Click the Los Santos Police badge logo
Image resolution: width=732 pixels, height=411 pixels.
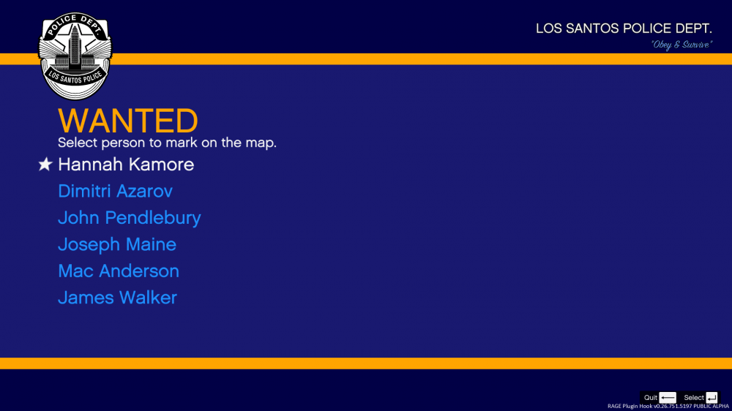pos(75,56)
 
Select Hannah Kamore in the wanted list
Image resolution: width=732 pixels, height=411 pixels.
pos(126,165)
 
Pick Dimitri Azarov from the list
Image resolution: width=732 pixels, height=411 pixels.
pos(116,191)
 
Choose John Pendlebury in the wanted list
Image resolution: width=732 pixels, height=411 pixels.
pos(130,218)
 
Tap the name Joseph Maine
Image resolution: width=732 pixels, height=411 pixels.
pos(117,244)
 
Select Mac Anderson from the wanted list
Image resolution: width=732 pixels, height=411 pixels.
pos(119,271)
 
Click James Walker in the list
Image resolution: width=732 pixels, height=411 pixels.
pos(118,298)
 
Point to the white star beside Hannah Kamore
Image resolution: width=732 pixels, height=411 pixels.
pos(45,165)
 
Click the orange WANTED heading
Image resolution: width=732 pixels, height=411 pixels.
pos(128,121)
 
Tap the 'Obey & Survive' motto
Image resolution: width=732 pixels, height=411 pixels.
pos(681,45)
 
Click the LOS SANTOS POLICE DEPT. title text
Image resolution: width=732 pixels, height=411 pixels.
pos(624,29)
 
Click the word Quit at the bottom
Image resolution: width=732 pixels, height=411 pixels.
pos(650,398)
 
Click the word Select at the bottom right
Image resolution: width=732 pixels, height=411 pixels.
pos(694,398)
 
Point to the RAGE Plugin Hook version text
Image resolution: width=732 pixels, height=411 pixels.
pos(668,407)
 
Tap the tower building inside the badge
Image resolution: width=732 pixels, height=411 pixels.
pos(75,49)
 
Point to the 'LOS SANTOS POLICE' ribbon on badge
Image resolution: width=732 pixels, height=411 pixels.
pos(75,77)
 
